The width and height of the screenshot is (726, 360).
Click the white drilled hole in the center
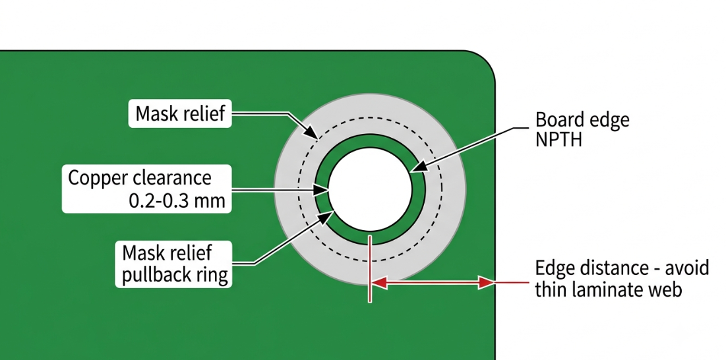pos(370,189)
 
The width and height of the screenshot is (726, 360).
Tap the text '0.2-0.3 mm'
pos(177,200)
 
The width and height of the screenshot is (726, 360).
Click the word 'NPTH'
pos(559,139)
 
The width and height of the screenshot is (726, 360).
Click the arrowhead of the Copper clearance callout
pos(322,190)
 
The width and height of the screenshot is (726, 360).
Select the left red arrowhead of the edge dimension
pos(378,282)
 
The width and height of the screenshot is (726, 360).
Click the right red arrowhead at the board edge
pos(487,282)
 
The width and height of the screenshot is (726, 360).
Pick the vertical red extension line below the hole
pos(369,268)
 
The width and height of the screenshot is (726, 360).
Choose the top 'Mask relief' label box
pos(180,113)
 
